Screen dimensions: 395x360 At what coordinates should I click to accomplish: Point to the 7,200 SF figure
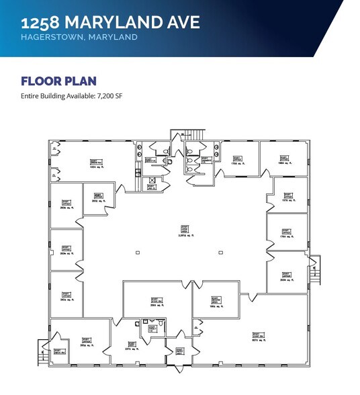point(105,96)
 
